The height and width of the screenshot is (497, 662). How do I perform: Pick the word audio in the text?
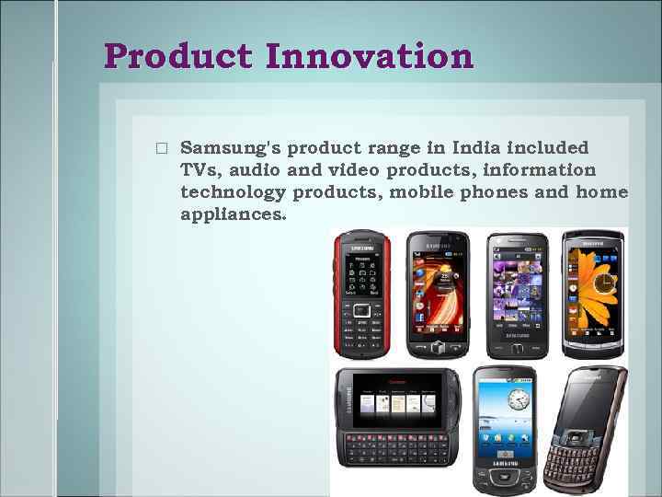[x=257, y=170]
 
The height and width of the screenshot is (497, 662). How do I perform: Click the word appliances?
[x=234, y=214]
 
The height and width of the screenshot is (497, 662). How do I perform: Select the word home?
[x=600, y=192]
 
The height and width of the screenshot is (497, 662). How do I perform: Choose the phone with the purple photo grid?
[x=517, y=293]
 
